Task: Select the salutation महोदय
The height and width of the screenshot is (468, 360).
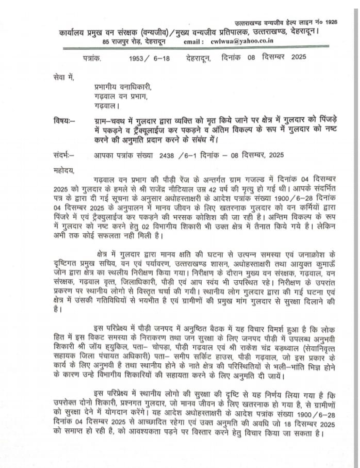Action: tap(64, 170)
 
